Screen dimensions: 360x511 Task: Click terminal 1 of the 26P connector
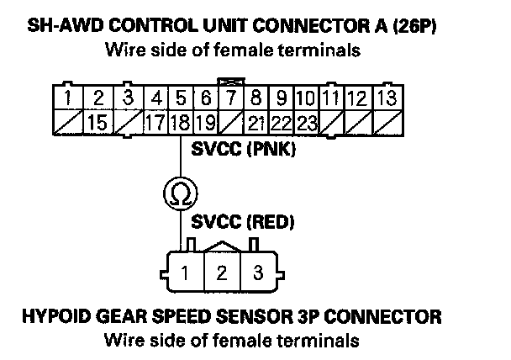[66, 100]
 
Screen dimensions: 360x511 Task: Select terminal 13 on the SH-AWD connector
[386, 100]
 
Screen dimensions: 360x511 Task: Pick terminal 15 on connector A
[97, 123]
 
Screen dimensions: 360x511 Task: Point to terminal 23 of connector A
[306, 123]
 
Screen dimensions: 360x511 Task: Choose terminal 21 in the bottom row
[258, 123]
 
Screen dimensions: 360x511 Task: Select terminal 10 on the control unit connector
[306, 100]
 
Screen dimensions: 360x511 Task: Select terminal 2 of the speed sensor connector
[222, 273]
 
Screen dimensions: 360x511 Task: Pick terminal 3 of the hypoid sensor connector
[259, 273]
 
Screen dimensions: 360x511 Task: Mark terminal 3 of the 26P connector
[128, 100]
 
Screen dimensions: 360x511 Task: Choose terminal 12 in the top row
[357, 100]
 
